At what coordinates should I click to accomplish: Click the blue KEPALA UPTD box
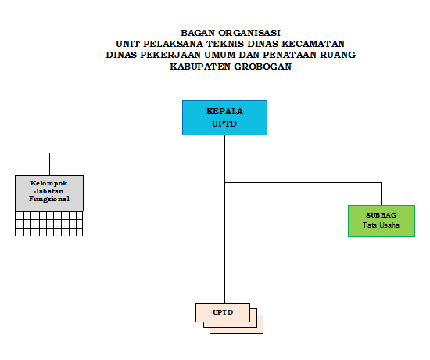click(224, 117)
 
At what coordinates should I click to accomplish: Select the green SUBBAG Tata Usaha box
click(382, 221)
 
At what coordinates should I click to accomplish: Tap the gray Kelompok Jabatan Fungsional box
click(49, 193)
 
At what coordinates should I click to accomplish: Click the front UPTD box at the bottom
click(223, 312)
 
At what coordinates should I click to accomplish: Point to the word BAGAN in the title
click(198, 33)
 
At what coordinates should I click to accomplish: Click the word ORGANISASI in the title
click(249, 33)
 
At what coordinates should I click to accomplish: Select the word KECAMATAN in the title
click(314, 44)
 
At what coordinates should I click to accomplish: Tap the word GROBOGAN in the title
click(263, 67)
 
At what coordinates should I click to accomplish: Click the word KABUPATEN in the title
click(200, 67)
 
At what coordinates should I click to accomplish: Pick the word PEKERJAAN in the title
click(170, 55)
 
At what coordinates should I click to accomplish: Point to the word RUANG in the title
click(338, 55)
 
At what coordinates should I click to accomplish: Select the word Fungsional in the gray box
click(49, 199)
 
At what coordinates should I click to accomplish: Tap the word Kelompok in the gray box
click(49, 183)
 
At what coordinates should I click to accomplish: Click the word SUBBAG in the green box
click(382, 215)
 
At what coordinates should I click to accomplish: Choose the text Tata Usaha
click(382, 225)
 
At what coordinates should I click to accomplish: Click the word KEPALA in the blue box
click(224, 111)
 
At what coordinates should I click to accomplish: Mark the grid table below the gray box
click(48, 224)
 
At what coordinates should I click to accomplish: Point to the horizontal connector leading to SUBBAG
click(303, 182)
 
